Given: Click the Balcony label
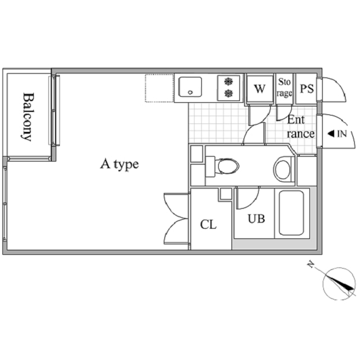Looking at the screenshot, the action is point(28,117).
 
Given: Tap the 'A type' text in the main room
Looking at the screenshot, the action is point(120,165).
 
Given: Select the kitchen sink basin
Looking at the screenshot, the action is point(190,87).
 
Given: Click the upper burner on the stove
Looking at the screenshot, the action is point(228,82).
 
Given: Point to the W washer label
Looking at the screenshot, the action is point(260,88).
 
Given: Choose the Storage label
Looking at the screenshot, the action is point(284,88).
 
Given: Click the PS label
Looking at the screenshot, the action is point(307,88).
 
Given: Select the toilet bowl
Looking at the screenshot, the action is point(228,166).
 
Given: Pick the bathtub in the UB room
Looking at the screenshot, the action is point(291,213).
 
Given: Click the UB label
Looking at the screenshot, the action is point(256,218).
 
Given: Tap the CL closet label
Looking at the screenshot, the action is point(208,224).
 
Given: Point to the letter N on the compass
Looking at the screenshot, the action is point(311,264).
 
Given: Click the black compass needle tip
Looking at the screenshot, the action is point(354,290).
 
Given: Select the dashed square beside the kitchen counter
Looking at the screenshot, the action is point(160,88).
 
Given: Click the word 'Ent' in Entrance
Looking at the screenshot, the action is point(296,120).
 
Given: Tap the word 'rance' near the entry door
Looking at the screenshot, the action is point(300,134).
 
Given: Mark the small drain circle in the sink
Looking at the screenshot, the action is point(190,93).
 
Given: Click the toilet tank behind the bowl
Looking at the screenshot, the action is point(210,166).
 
